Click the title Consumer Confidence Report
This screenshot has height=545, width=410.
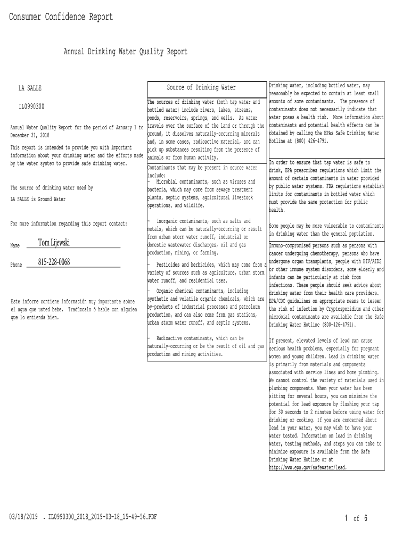(x=61, y=17)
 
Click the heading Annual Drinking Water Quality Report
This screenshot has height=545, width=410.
(x=125, y=52)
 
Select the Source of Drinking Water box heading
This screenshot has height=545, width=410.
(x=201, y=87)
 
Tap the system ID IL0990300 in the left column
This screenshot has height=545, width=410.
(x=31, y=106)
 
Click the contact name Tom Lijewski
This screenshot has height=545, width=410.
(x=54, y=243)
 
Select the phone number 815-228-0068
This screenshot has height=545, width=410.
(x=54, y=262)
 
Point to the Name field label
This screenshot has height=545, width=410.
(x=15, y=245)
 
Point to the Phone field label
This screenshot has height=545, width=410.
(x=16, y=265)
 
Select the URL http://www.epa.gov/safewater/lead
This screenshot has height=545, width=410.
(x=308, y=467)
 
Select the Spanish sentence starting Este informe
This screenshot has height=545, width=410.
(x=72, y=309)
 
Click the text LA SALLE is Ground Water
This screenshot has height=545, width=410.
(x=38, y=199)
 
